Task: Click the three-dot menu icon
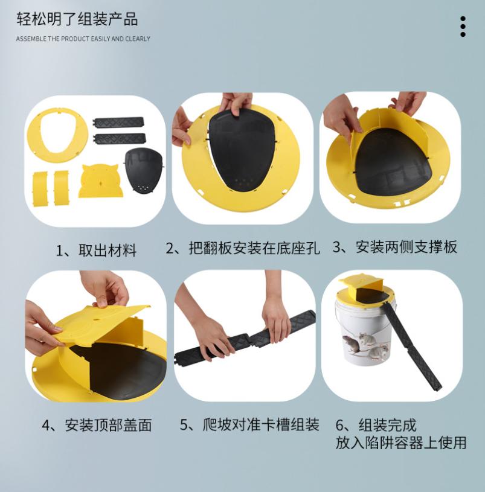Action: click(463, 27)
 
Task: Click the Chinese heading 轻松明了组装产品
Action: click(77, 19)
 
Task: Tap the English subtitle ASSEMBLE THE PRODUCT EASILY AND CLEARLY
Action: click(83, 39)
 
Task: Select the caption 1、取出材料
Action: click(96, 251)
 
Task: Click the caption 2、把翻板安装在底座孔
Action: click(243, 248)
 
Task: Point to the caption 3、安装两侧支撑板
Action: click(395, 247)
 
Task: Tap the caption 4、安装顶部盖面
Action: click(97, 425)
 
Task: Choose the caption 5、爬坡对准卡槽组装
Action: click(249, 424)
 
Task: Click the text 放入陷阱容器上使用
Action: click(401, 442)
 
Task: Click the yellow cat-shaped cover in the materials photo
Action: click(100, 181)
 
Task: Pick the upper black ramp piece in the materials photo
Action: click(118, 123)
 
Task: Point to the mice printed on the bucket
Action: click(366, 347)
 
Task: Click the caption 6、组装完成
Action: click(376, 425)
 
